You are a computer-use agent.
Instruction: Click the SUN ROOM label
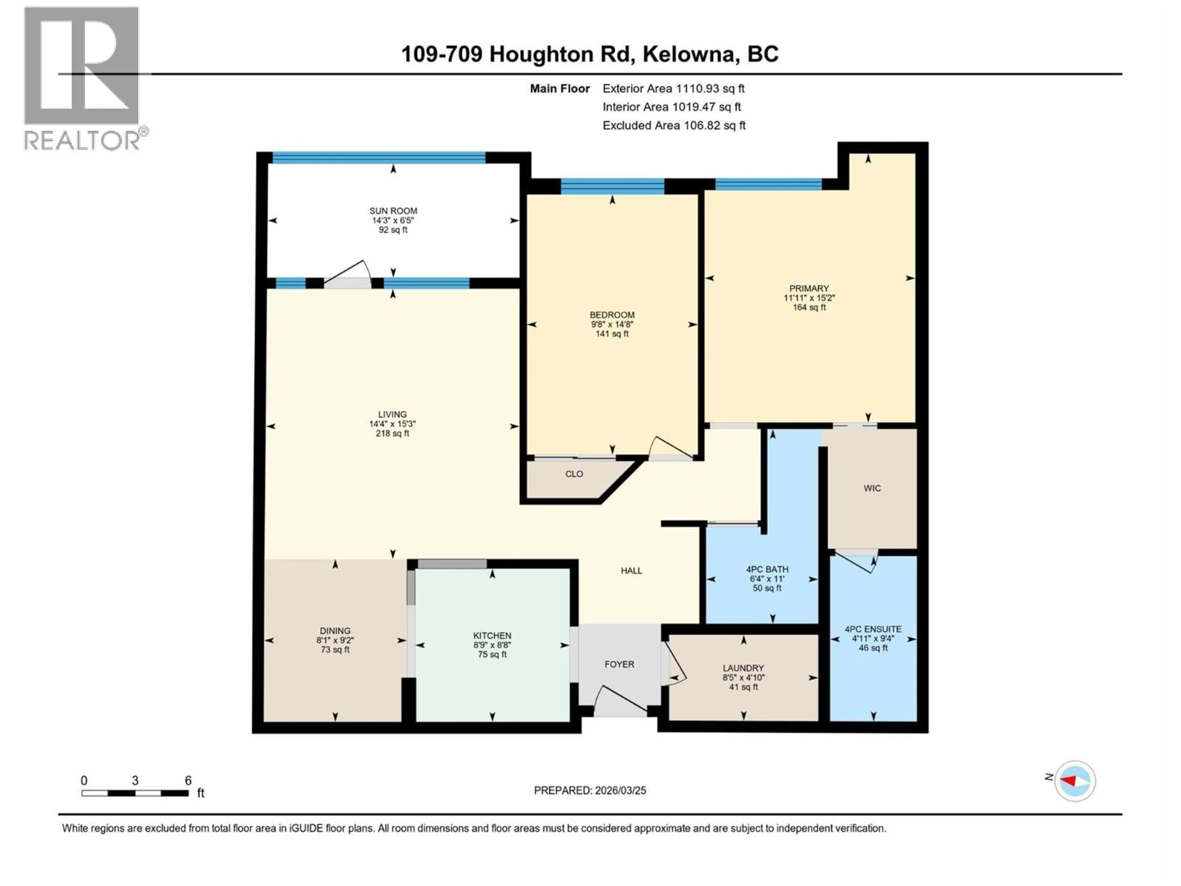pos(393,211)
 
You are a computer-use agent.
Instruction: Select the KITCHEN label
pos(492,636)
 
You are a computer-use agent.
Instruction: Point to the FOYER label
pos(619,664)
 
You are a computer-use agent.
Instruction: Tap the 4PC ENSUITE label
pos(873,629)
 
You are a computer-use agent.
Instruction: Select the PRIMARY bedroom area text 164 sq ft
pos(809,308)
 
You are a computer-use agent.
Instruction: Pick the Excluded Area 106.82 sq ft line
pos(674,126)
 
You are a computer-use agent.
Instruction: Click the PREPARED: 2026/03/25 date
pos(590,790)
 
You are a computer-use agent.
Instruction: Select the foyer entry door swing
pos(619,701)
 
